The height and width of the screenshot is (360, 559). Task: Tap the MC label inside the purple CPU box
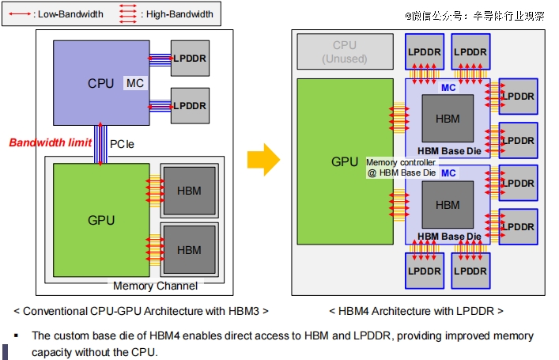click(x=134, y=83)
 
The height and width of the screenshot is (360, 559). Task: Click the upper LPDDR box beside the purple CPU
click(x=190, y=58)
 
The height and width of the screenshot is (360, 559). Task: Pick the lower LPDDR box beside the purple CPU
click(x=190, y=105)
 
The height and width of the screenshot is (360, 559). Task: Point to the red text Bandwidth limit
click(x=50, y=143)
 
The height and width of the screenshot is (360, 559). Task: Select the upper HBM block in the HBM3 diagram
click(x=189, y=191)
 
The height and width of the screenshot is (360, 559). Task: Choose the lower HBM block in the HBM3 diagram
click(x=189, y=250)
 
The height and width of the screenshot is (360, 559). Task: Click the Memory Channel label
click(x=156, y=286)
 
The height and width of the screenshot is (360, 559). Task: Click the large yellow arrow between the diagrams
click(x=263, y=161)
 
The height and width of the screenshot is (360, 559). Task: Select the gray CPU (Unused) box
click(x=345, y=52)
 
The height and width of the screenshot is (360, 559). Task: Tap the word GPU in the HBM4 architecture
click(x=345, y=162)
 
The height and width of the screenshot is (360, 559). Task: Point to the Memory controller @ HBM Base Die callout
click(x=401, y=167)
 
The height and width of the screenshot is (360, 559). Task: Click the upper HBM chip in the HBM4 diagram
click(x=447, y=119)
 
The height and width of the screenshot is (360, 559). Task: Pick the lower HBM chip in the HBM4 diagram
click(x=447, y=205)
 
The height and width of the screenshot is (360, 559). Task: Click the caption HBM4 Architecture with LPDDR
click(x=416, y=311)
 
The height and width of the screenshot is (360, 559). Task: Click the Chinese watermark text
click(x=474, y=15)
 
